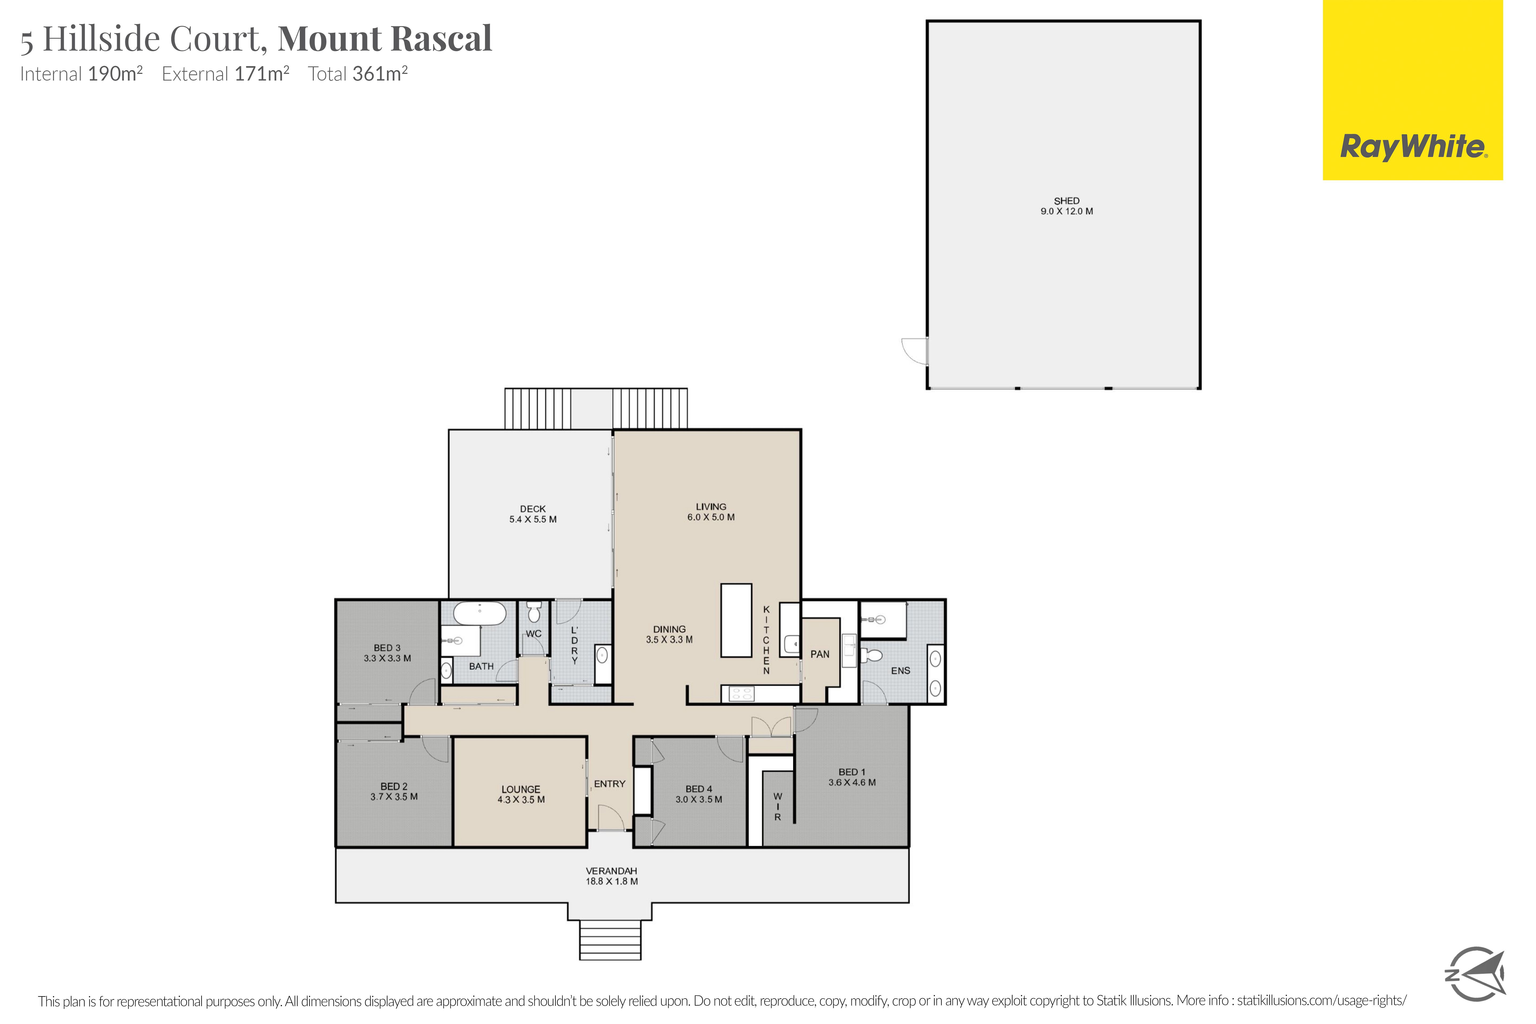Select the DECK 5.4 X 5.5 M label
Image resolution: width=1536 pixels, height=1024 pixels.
tap(533, 514)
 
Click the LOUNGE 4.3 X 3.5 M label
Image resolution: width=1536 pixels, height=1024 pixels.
tap(521, 794)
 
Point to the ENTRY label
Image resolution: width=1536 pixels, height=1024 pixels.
tap(610, 784)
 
